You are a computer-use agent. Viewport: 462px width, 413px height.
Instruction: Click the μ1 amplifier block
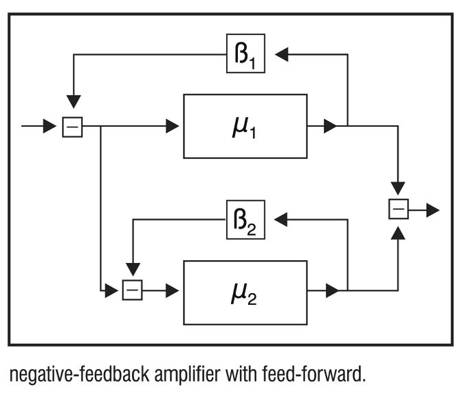pyautogui.click(x=245, y=126)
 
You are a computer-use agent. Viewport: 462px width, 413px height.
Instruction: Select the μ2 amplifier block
pyautogui.click(x=245, y=292)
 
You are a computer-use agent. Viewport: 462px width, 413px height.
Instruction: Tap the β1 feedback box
pyautogui.click(x=245, y=54)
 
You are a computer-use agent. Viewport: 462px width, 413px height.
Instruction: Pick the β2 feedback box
pyautogui.click(x=245, y=220)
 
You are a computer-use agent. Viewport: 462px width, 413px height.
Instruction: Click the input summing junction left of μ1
pyautogui.click(x=72, y=127)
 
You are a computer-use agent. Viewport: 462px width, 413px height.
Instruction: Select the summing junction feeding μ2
pyautogui.click(x=133, y=290)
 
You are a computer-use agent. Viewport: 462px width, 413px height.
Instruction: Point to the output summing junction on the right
pyautogui.click(x=399, y=209)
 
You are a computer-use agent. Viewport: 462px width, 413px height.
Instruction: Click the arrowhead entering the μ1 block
pyautogui.click(x=172, y=126)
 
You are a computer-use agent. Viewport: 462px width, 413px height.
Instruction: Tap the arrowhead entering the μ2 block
pyautogui.click(x=172, y=290)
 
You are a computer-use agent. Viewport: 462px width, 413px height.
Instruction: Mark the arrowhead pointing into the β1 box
pyautogui.click(x=281, y=54)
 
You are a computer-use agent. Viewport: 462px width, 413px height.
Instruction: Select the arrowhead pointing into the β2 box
pyautogui.click(x=281, y=220)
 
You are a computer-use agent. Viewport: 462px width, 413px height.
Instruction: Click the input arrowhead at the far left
pyautogui.click(x=49, y=127)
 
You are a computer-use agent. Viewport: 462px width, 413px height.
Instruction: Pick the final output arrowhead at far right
pyautogui.click(x=432, y=209)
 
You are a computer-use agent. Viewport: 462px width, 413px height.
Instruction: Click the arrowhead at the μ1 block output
pyautogui.click(x=331, y=126)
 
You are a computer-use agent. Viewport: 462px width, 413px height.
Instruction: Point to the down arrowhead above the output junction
pyautogui.click(x=398, y=188)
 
